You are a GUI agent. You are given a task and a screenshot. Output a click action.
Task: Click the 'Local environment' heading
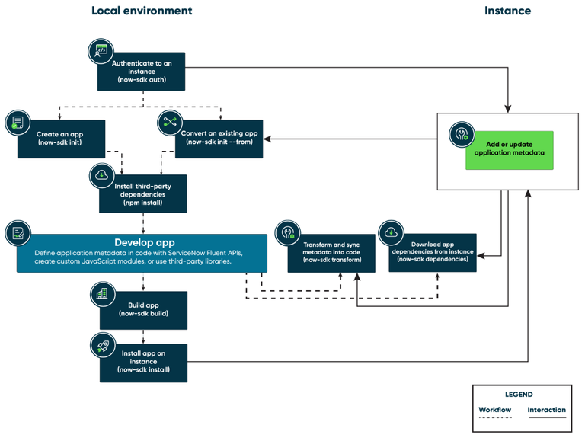click(142, 11)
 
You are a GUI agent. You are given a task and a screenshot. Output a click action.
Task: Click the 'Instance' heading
click(508, 11)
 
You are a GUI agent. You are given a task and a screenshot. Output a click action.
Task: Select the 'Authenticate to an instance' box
click(143, 72)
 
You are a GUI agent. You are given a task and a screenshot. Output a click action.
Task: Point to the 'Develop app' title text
click(140, 241)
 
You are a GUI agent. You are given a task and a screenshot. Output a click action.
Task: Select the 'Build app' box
click(143, 308)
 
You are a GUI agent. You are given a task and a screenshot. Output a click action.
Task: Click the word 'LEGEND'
click(519, 395)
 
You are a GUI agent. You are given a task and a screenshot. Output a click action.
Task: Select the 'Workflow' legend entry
click(494, 410)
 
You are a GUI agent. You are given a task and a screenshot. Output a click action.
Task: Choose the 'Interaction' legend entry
click(547, 410)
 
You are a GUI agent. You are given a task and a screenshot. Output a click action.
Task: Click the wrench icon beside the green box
click(461, 135)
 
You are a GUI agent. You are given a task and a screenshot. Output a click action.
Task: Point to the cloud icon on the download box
click(391, 232)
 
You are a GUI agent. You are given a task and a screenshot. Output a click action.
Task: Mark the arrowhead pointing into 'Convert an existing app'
click(267, 139)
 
